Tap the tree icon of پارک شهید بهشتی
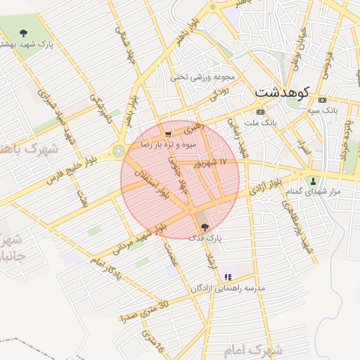point(24,33)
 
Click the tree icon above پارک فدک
point(205,227)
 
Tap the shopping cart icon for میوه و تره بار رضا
point(167,134)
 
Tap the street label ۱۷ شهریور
point(214,163)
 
